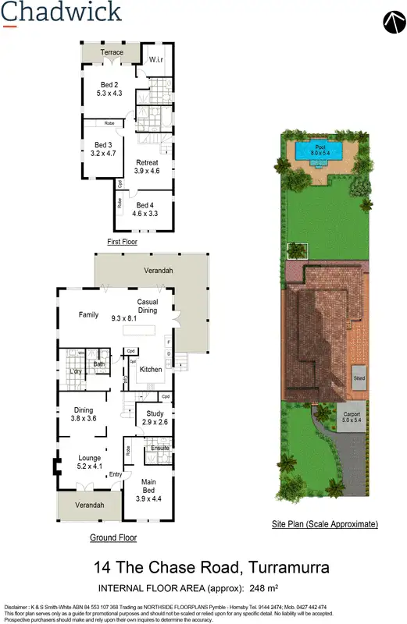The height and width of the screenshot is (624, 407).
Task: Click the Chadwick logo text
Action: point(61,12)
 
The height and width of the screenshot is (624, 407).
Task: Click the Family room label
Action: point(88,315)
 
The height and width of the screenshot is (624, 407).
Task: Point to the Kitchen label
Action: point(151,369)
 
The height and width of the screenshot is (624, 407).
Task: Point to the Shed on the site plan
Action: point(359,378)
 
